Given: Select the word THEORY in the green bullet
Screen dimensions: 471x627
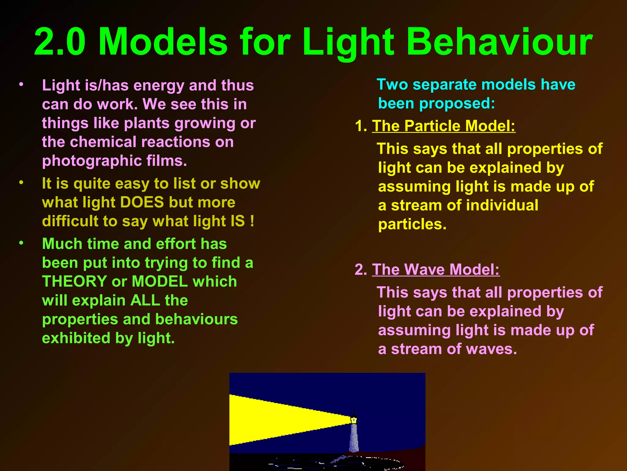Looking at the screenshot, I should coord(74,281).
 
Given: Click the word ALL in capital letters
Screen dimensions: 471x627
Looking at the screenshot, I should coord(145,301).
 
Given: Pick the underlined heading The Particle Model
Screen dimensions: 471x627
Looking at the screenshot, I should coord(444,126).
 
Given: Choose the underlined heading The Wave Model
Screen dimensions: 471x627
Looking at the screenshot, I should coord(436,270).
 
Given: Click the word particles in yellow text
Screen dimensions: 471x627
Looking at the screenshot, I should coord(412,224).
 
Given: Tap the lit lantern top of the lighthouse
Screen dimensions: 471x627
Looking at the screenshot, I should coord(354,419).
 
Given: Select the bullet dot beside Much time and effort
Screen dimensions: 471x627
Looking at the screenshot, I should coord(21,243).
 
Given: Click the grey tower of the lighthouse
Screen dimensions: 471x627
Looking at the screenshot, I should coord(354,438).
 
